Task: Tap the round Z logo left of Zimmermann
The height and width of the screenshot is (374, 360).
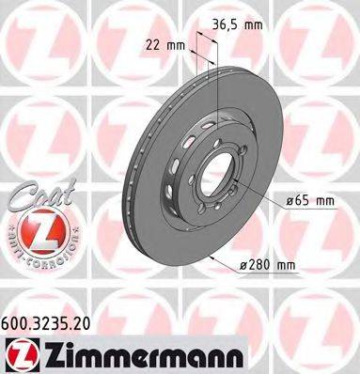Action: (18, 354)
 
